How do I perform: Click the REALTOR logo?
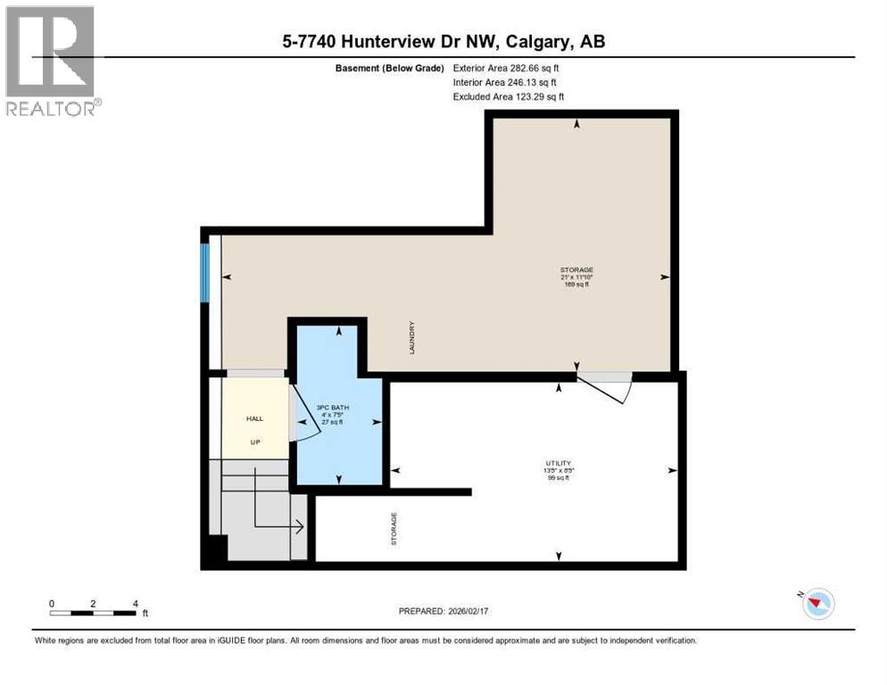[x=51, y=61]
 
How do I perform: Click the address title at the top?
[x=443, y=42]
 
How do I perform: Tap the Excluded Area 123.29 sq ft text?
[x=509, y=97]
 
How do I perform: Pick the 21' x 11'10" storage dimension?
[x=576, y=277]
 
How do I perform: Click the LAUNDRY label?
[x=412, y=338]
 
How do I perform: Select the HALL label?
[x=255, y=417]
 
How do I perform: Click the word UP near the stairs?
[x=255, y=442]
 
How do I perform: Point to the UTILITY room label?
[x=559, y=463]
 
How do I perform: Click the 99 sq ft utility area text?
[x=559, y=479]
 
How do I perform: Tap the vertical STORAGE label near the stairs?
[x=394, y=528]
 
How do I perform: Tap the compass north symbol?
[x=817, y=604]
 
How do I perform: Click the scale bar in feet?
[x=93, y=613]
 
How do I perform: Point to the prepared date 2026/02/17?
[x=443, y=611]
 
